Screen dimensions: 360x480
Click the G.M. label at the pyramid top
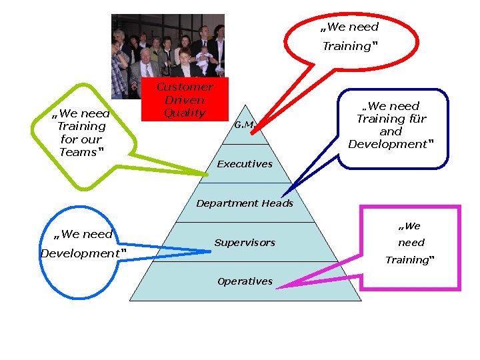pyautogui.click(x=245, y=125)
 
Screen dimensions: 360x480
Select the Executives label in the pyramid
pyautogui.click(x=245, y=164)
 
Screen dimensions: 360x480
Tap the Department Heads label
pyautogui.click(x=245, y=203)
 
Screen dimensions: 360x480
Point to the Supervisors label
pyautogui.click(x=245, y=243)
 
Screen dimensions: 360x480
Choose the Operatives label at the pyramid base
pyautogui.click(x=245, y=281)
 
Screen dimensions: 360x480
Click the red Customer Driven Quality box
pyautogui.click(x=185, y=99)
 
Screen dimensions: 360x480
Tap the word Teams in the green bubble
pyautogui.click(x=79, y=152)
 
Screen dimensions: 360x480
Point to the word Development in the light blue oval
pyautogui.click(x=81, y=253)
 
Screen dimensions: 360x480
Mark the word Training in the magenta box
pyautogui.click(x=407, y=260)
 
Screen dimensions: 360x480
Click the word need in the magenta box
pyautogui.click(x=411, y=243)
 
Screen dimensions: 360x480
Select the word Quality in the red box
pyautogui.click(x=185, y=113)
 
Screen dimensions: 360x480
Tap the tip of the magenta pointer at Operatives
pyautogui.click(x=277, y=287)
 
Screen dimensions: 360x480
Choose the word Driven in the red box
pyautogui.click(x=185, y=100)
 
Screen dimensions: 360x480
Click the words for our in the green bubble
pyautogui.click(x=81, y=139)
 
